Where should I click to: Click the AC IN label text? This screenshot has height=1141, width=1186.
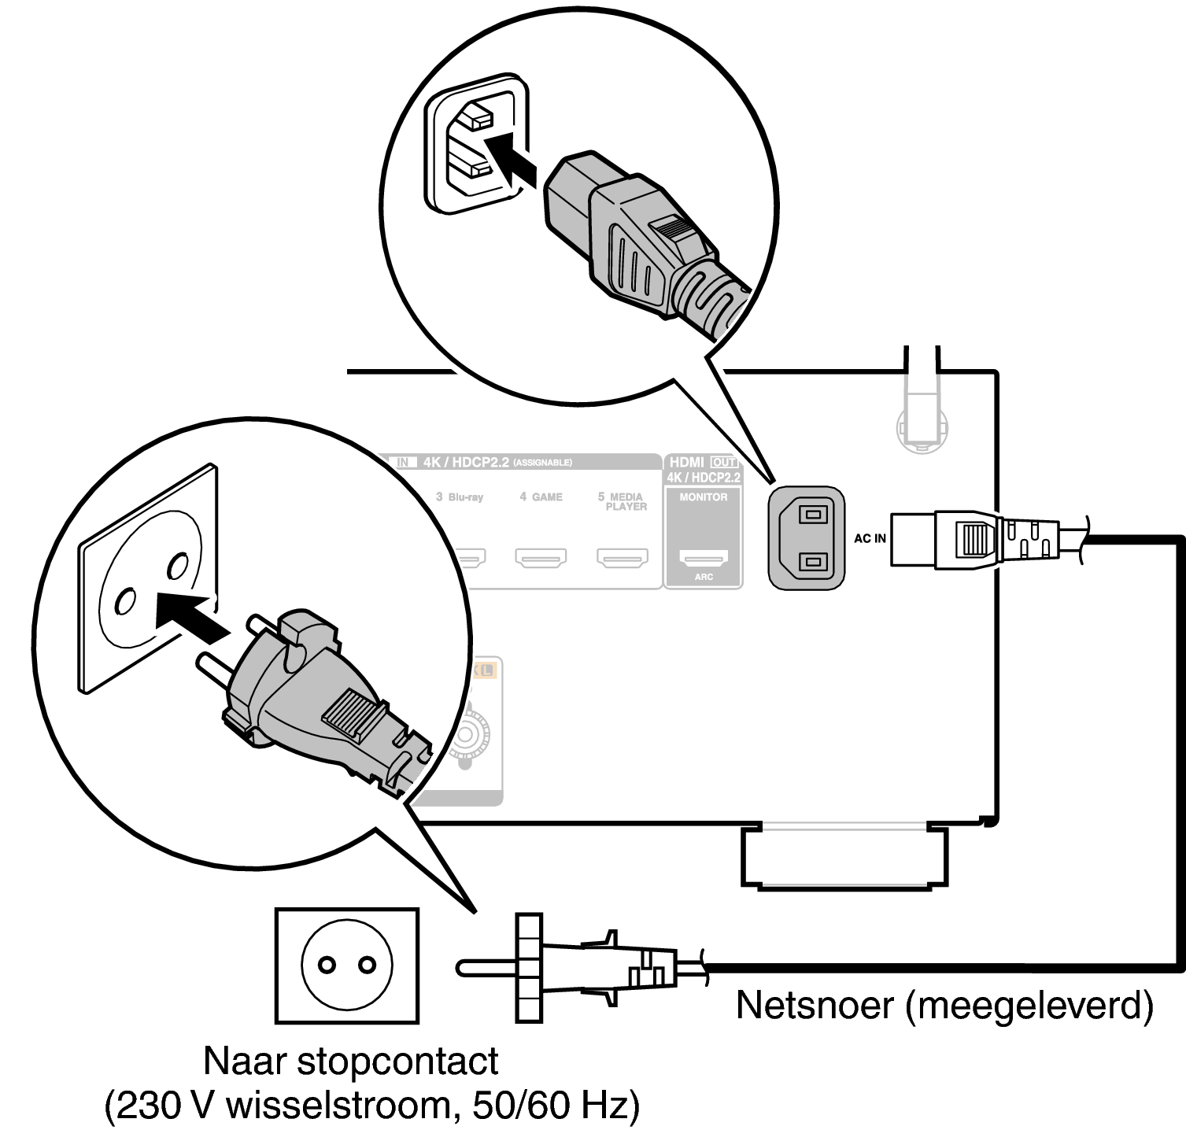870,539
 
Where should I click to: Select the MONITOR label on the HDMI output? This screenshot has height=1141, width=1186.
704,497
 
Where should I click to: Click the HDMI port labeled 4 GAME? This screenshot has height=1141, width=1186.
541,558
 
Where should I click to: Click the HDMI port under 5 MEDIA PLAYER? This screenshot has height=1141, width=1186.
623,558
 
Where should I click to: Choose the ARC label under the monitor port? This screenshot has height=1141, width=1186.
704,577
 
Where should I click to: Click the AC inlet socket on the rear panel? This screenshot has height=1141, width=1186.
807,537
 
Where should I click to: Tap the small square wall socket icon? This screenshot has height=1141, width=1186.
346,966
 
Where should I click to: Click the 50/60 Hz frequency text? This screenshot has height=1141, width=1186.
556,1106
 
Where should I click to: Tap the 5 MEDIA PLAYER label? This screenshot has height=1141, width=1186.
623,501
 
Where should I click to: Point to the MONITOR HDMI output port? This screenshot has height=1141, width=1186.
704,558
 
